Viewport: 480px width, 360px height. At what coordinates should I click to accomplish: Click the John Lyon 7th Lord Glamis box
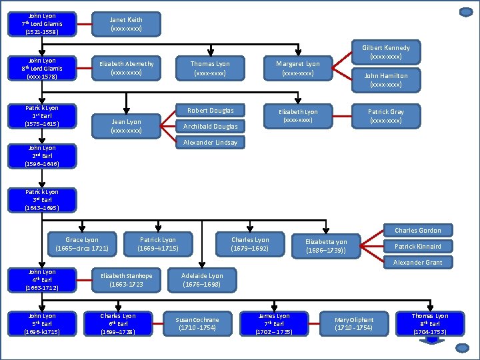point(42,24)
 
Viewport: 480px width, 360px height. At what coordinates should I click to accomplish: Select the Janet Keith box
point(126,25)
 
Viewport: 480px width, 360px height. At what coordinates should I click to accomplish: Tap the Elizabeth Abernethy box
point(126,67)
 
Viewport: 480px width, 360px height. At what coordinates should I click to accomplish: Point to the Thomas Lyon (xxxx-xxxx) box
point(210,68)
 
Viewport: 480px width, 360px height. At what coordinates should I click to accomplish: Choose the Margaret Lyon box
point(298,68)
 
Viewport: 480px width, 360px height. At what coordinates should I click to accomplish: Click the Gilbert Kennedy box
point(386,53)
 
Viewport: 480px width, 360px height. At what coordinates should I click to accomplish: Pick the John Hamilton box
point(386,80)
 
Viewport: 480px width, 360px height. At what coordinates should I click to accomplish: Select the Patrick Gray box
point(386,115)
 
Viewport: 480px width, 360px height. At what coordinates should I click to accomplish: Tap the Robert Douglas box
point(210,111)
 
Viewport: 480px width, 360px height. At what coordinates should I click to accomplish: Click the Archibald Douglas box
point(210,127)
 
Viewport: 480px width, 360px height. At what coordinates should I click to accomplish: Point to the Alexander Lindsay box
point(210,143)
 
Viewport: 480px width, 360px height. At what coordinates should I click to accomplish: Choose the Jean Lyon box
point(126,126)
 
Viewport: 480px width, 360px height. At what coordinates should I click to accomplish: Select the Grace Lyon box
point(82,245)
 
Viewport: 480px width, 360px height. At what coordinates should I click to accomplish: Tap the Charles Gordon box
point(417,231)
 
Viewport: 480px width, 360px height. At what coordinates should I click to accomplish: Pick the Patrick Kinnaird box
point(417,247)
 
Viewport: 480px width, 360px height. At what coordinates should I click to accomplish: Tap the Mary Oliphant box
point(354,324)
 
